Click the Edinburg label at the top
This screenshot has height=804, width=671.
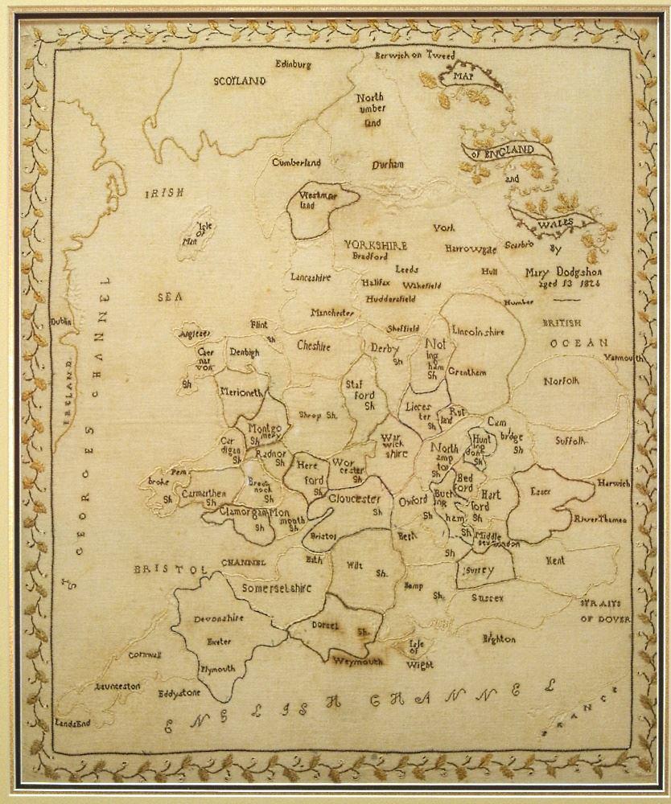click(x=293, y=64)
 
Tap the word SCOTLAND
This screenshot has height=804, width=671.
click(x=239, y=81)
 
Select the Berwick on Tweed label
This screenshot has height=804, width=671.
click(x=415, y=55)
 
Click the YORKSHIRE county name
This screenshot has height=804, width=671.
click(x=376, y=245)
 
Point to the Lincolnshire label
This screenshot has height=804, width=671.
click(x=478, y=330)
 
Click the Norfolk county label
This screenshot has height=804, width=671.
click(x=561, y=381)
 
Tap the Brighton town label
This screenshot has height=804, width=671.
click(x=498, y=639)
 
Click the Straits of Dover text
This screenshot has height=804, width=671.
click(x=603, y=612)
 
